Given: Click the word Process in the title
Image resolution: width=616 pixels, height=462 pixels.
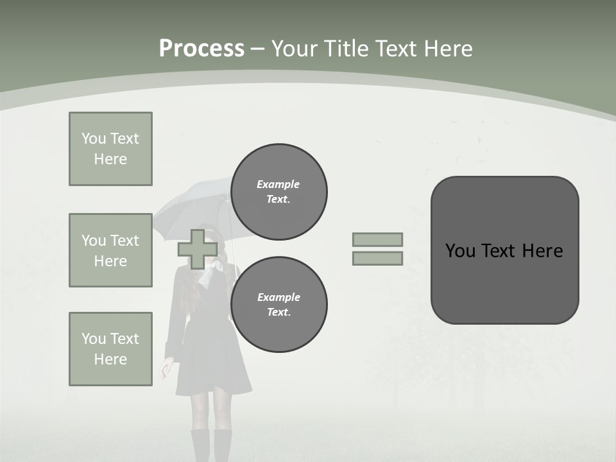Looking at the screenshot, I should (x=201, y=49).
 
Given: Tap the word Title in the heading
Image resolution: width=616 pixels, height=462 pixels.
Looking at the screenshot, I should (x=345, y=49).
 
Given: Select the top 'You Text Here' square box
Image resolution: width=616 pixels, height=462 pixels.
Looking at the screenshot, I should (x=110, y=149).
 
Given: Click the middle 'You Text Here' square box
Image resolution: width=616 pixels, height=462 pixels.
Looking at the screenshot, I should (x=110, y=250).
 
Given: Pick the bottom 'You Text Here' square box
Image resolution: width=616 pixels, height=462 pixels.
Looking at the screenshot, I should (x=110, y=349).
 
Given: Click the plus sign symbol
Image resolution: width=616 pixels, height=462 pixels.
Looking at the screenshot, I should (x=197, y=249).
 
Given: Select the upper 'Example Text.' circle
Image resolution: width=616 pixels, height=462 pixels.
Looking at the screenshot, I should (x=278, y=192).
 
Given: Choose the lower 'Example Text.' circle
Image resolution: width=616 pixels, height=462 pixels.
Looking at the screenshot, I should (x=278, y=304).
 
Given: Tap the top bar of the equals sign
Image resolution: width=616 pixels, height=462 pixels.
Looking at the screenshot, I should (x=377, y=239).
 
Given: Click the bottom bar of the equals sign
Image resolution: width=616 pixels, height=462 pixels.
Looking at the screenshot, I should (x=377, y=258).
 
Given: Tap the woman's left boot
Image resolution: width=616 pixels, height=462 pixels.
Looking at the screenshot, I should (x=201, y=446).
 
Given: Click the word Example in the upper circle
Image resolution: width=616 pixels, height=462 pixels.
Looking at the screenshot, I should (x=278, y=184).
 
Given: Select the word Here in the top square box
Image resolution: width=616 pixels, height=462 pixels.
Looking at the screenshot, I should (x=110, y=159).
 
